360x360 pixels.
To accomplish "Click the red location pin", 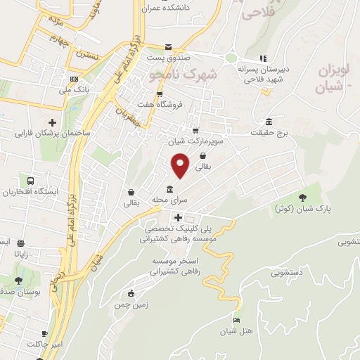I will click(x=181, y=164).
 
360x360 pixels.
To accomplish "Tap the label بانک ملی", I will click(x=75, y=89).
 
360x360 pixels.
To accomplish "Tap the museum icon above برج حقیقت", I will click(x=269, y=120).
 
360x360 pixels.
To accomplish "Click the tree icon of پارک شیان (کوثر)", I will click(x=303, y=198).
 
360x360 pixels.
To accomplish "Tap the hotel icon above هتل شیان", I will click(x=237, y=320).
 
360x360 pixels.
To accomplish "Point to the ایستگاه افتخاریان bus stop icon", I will click(x=30, y=181).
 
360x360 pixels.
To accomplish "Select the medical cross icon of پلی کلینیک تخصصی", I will click(x=168, y=219).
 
